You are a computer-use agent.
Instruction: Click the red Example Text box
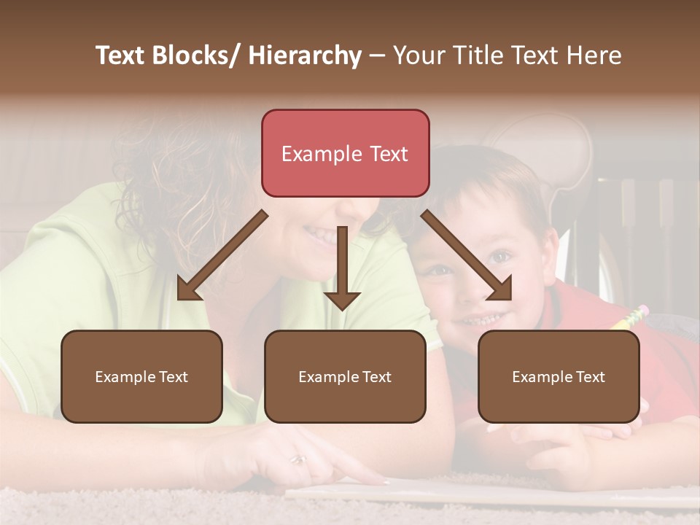(345, 153)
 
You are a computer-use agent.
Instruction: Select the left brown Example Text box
(141, 376)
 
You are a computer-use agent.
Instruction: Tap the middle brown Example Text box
(345, 376)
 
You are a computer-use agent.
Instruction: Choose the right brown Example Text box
(559, 376)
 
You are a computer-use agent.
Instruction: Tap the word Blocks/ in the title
(198, 55)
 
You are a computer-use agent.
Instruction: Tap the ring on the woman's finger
(298, 459)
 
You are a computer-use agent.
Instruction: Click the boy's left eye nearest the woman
(438, 270)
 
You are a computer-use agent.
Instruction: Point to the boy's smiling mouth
(483, 319)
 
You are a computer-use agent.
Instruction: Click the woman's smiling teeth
(321, 235)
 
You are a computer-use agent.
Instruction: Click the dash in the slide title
(377, 56)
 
